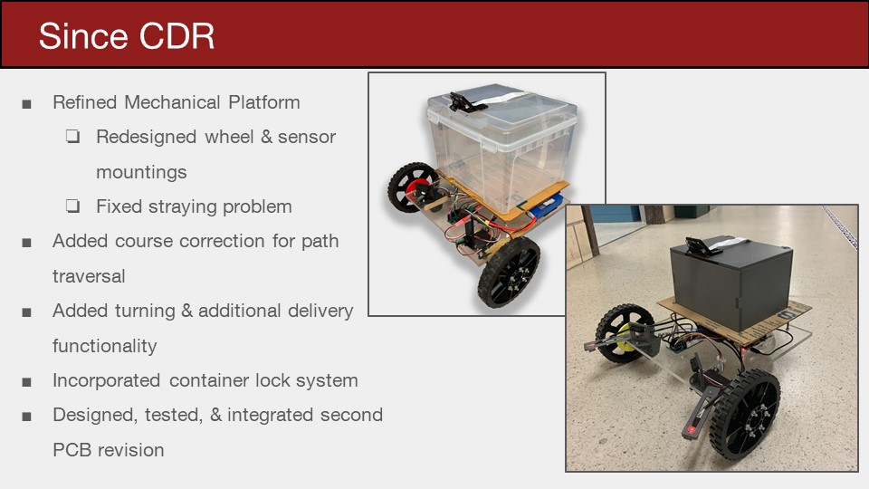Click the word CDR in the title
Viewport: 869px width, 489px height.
(177, 36)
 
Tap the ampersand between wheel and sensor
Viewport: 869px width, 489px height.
(266, 137)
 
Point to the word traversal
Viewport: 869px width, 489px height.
(89, 276)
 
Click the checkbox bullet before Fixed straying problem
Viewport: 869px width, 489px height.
(72, 206)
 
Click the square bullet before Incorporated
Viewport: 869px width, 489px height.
(26, 381)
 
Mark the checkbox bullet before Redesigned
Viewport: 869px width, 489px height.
(72, 137)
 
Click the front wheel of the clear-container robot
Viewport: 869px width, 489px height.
(510, 272)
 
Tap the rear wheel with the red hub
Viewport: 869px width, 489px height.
(413, 187)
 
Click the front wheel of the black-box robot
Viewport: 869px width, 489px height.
(745, 414)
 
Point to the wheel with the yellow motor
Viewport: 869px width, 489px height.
(622, 333)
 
